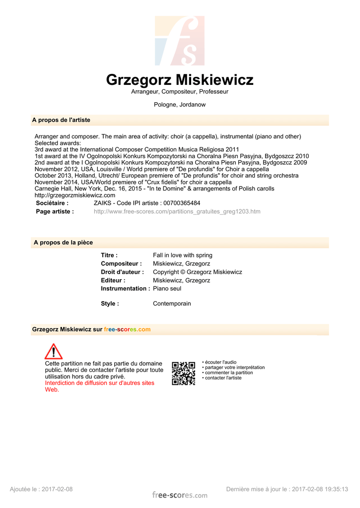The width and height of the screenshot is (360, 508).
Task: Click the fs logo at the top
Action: [179, 41]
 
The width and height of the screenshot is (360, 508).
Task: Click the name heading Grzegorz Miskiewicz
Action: [180, 80]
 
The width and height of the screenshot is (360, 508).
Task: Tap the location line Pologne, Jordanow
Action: [180, 105]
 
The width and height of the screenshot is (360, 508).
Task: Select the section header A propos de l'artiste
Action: [61, 120]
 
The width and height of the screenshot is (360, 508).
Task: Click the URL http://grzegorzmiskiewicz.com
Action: [75, 195]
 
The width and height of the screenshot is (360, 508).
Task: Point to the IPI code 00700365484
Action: [182, 203]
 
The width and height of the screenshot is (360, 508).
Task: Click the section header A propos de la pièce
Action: [63, 242]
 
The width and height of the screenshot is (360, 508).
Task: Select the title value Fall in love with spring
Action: [182, 255]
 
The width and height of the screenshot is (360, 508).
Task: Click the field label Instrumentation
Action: [125, 289]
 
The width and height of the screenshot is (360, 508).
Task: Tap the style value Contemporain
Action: [172, 304]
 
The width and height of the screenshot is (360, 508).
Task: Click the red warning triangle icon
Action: [53, 351]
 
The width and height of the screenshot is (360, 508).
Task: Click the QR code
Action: [183, 373]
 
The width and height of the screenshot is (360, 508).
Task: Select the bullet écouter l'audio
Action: [220, 362]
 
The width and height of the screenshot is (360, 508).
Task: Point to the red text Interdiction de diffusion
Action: [99, 383]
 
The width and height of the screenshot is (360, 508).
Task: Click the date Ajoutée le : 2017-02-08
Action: [41, 489]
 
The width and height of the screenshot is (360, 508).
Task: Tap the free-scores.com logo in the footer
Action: [180, 495]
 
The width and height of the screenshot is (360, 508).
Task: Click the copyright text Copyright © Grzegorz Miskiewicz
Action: [197, 272]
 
